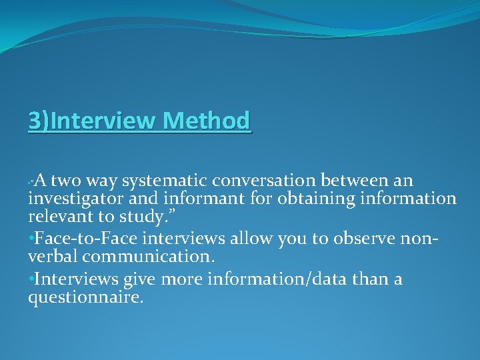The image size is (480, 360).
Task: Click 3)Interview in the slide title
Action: (93, 121)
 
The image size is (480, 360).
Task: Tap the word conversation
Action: (265, 181)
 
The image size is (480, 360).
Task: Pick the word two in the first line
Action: (64, 181)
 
